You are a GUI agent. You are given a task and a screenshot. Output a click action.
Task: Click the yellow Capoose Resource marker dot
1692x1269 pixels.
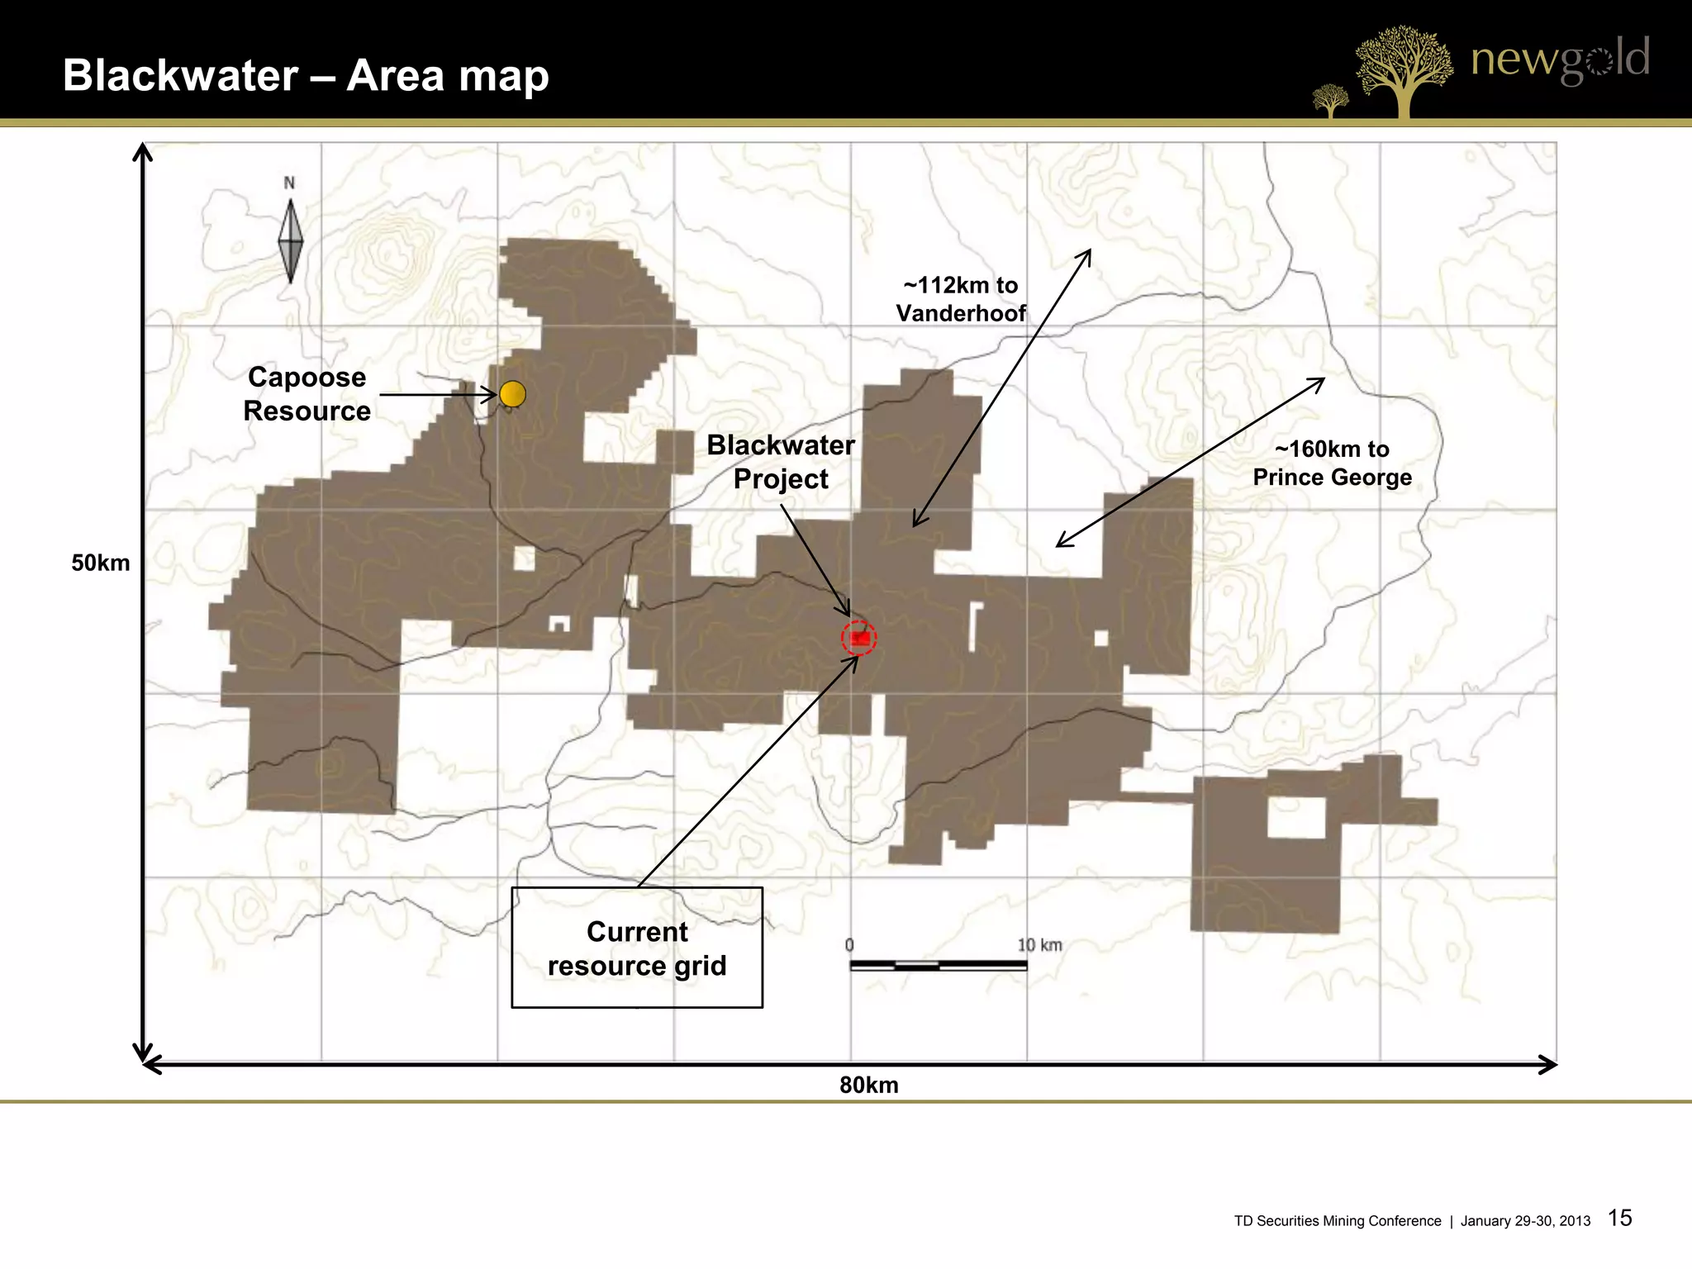pyautogui.click(x=512, y=394)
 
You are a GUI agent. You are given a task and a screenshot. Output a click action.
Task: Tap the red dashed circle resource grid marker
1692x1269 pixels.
pyautogui.click(x=859, y=638)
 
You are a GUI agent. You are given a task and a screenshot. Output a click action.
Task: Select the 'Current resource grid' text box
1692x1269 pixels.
pyautogui.click(x=637, y=948)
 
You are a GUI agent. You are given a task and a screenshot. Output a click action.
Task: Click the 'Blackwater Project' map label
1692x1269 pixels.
pyautogui.click(x=781, y=462)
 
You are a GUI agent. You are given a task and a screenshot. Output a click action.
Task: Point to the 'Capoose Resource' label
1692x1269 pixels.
pyautogui.click(x=307, y=394)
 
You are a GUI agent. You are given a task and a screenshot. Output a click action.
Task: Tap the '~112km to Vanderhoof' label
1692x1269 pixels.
pyautogui.click(x=961, y=299)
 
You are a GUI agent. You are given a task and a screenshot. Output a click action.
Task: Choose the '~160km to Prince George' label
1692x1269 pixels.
pyautogui.click(x=1332, y=463)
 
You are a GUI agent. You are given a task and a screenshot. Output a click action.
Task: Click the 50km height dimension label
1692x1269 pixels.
pyautogui.click(x=101, y=563)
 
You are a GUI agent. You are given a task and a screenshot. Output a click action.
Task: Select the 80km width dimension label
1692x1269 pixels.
pyautogui.click(x=868, y=1085)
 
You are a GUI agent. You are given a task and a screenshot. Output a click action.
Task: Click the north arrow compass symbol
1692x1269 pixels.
pyautogui.click(x=290, y=240)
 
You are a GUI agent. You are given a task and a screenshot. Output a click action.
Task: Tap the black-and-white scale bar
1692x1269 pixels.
pyautogui.click(x=939, y=965)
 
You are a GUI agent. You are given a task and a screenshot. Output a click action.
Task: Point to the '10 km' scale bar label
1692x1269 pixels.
pyautogui.click(x=1039, y=945)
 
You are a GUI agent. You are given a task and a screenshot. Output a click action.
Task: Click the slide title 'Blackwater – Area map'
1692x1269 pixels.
pyautogui.click(x=306, y=75)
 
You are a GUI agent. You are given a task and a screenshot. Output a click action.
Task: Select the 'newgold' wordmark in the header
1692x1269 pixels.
pyautogui.click(x=1560, y=59)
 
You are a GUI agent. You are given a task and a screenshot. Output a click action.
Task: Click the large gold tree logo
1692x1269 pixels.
pyautogui.click(x=1403, y=70)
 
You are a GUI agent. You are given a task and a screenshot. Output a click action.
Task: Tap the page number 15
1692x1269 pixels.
pyautogui.click(x=1620, y=1218)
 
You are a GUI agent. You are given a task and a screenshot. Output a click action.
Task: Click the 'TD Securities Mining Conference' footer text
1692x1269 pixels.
pyautogui.click(x=1337, y=1221)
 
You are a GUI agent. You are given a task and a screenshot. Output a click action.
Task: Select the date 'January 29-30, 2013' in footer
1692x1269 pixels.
pyautogui.click(x=1525, y=1221)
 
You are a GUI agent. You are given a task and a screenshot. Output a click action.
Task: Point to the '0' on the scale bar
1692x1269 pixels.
pyautogui.click(x=849, y=945)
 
